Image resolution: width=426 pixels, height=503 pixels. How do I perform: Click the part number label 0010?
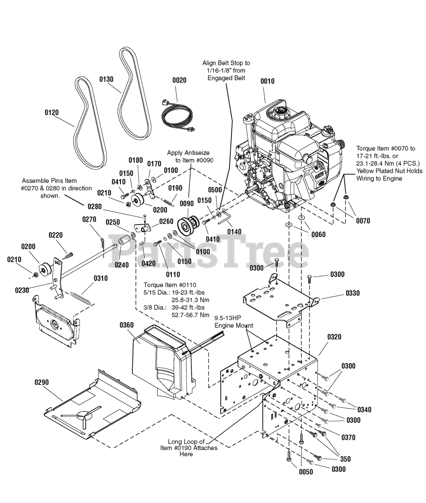(267, 81)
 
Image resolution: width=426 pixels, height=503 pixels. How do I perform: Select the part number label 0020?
(179, 80)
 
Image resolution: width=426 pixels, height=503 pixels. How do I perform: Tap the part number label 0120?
(51, 113)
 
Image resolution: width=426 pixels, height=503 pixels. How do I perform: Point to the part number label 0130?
(106, 79)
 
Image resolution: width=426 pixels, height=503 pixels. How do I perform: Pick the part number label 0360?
(127, 325)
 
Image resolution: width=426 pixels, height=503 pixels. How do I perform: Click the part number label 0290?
(41, 382)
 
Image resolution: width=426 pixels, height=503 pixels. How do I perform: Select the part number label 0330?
(353, 293)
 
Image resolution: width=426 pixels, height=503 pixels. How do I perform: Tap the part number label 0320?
(334, 337)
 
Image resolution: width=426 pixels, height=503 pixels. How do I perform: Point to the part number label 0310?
(100, 279)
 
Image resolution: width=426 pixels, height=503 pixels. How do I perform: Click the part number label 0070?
(363, 221)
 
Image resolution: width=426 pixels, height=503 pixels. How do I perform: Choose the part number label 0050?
(306, 472)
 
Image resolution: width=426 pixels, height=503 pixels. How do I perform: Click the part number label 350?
(345, 459)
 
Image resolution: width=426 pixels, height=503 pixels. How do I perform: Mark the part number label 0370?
(348, 437)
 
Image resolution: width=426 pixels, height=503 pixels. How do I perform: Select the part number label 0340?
(364, 410)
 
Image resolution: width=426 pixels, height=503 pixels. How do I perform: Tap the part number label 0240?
(121, 265)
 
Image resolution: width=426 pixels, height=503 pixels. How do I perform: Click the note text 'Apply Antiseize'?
(188, 152)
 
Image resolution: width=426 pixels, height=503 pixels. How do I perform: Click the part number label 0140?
(234, 232)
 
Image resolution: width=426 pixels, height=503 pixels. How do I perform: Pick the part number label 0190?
(175, 188)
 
